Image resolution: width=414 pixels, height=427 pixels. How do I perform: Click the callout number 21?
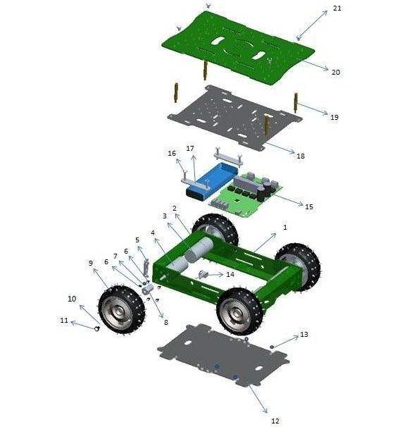337,8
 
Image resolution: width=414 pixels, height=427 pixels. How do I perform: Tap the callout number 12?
275,421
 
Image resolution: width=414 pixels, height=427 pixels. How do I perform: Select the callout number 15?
309,206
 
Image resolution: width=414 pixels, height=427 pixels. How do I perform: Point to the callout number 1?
285,227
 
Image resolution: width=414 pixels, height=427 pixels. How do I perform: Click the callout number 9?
91,263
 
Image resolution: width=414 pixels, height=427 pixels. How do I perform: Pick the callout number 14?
230,274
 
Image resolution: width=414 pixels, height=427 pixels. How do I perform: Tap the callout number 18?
301,156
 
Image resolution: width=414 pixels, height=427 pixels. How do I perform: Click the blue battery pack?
212,181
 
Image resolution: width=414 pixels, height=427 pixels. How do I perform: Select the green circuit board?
246,194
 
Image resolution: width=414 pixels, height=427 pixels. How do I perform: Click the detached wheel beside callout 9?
121,310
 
